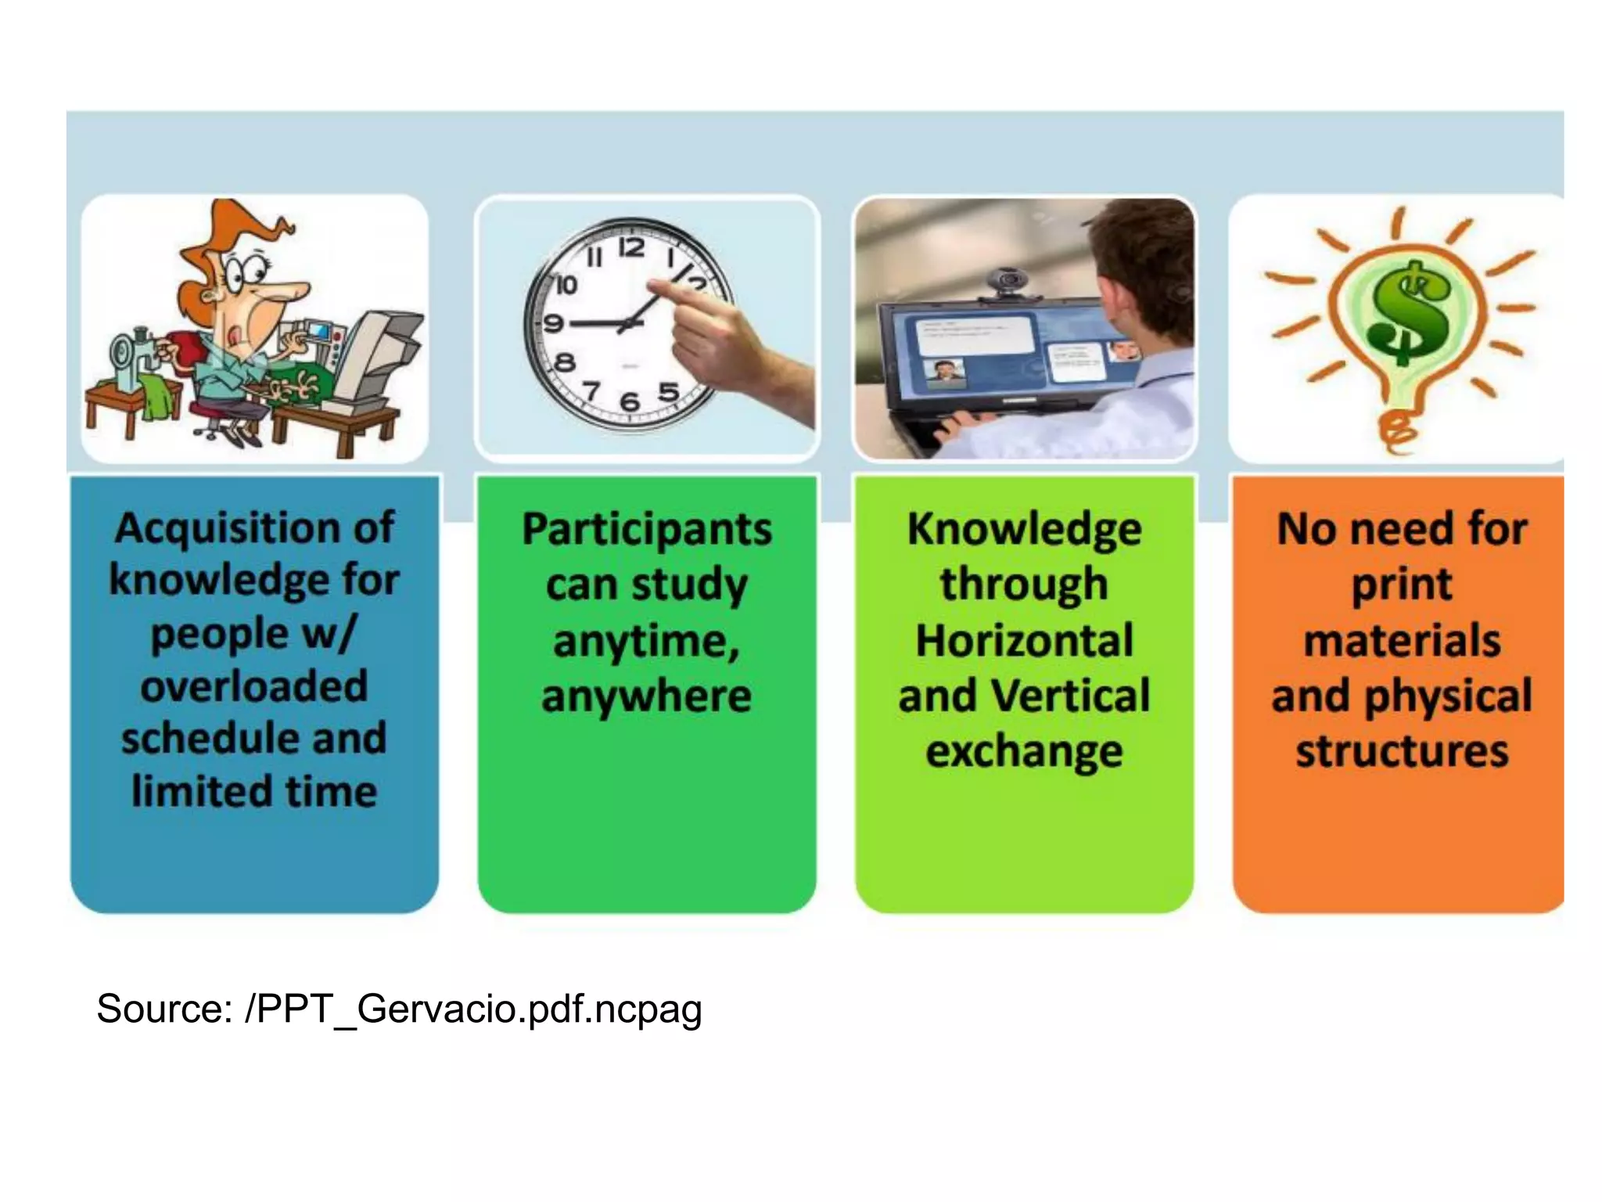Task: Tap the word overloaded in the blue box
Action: [x=254, y=687]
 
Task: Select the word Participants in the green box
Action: [x=647, y=530]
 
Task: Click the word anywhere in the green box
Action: [x=647, y=696]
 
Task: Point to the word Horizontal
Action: [x=1024, y=640]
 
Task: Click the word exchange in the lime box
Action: [x=1024, y=751]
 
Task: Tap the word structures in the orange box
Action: [x=1402, y=751]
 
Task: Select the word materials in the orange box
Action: [x=1402, y=640]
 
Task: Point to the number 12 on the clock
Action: [x=632, y=249]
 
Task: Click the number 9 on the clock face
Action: [x=553, y=322]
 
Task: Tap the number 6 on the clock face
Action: [x=630, y=402]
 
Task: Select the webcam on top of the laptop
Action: [x=1010, y=282]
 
